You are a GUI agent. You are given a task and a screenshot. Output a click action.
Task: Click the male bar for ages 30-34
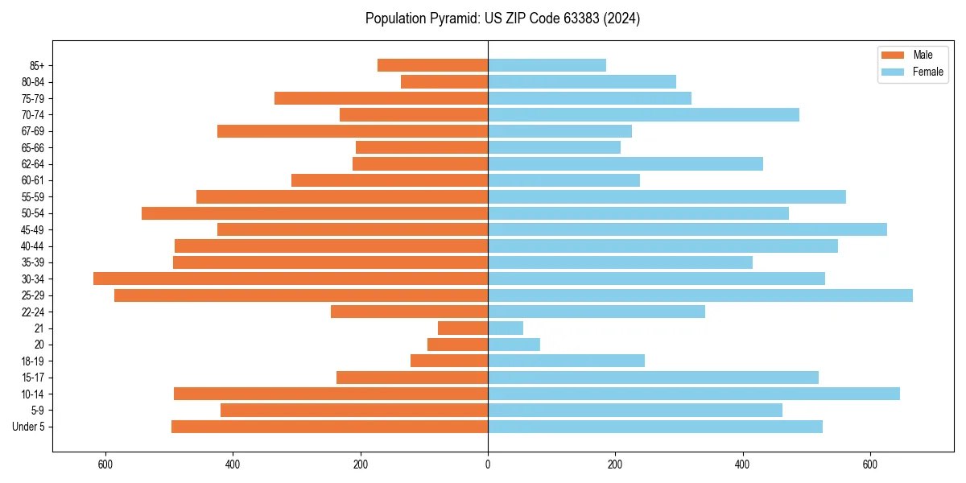tap(291, 279)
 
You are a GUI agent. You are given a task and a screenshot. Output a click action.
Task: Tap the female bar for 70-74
tap(643, 115)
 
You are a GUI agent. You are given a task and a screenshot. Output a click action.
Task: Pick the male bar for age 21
tap(463, 328)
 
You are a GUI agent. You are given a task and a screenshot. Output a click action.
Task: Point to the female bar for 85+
tap(547, 65)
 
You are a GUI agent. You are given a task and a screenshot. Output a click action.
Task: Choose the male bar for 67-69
tap(353, 131)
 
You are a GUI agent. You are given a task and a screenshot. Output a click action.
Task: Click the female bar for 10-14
tap(694, 394)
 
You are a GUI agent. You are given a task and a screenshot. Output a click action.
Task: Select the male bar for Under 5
tap(329, 427)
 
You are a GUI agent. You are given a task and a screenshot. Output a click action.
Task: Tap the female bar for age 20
tap(514, 345)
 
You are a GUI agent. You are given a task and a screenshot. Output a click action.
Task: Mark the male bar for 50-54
tap(315, 213)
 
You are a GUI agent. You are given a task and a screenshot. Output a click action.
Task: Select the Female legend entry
tap(913, 72)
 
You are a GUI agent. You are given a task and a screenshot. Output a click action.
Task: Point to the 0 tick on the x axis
tap(488, 464)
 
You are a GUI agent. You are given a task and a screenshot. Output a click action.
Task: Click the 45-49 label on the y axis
tap(33, 229)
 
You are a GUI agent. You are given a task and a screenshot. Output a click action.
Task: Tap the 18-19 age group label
tap(33, 361)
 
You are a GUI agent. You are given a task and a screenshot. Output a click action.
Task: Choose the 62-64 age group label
tap(33, 164)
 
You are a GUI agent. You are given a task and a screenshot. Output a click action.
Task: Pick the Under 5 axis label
tap(29, 427)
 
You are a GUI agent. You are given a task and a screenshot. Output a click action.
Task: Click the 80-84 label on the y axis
tap(33, 82)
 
